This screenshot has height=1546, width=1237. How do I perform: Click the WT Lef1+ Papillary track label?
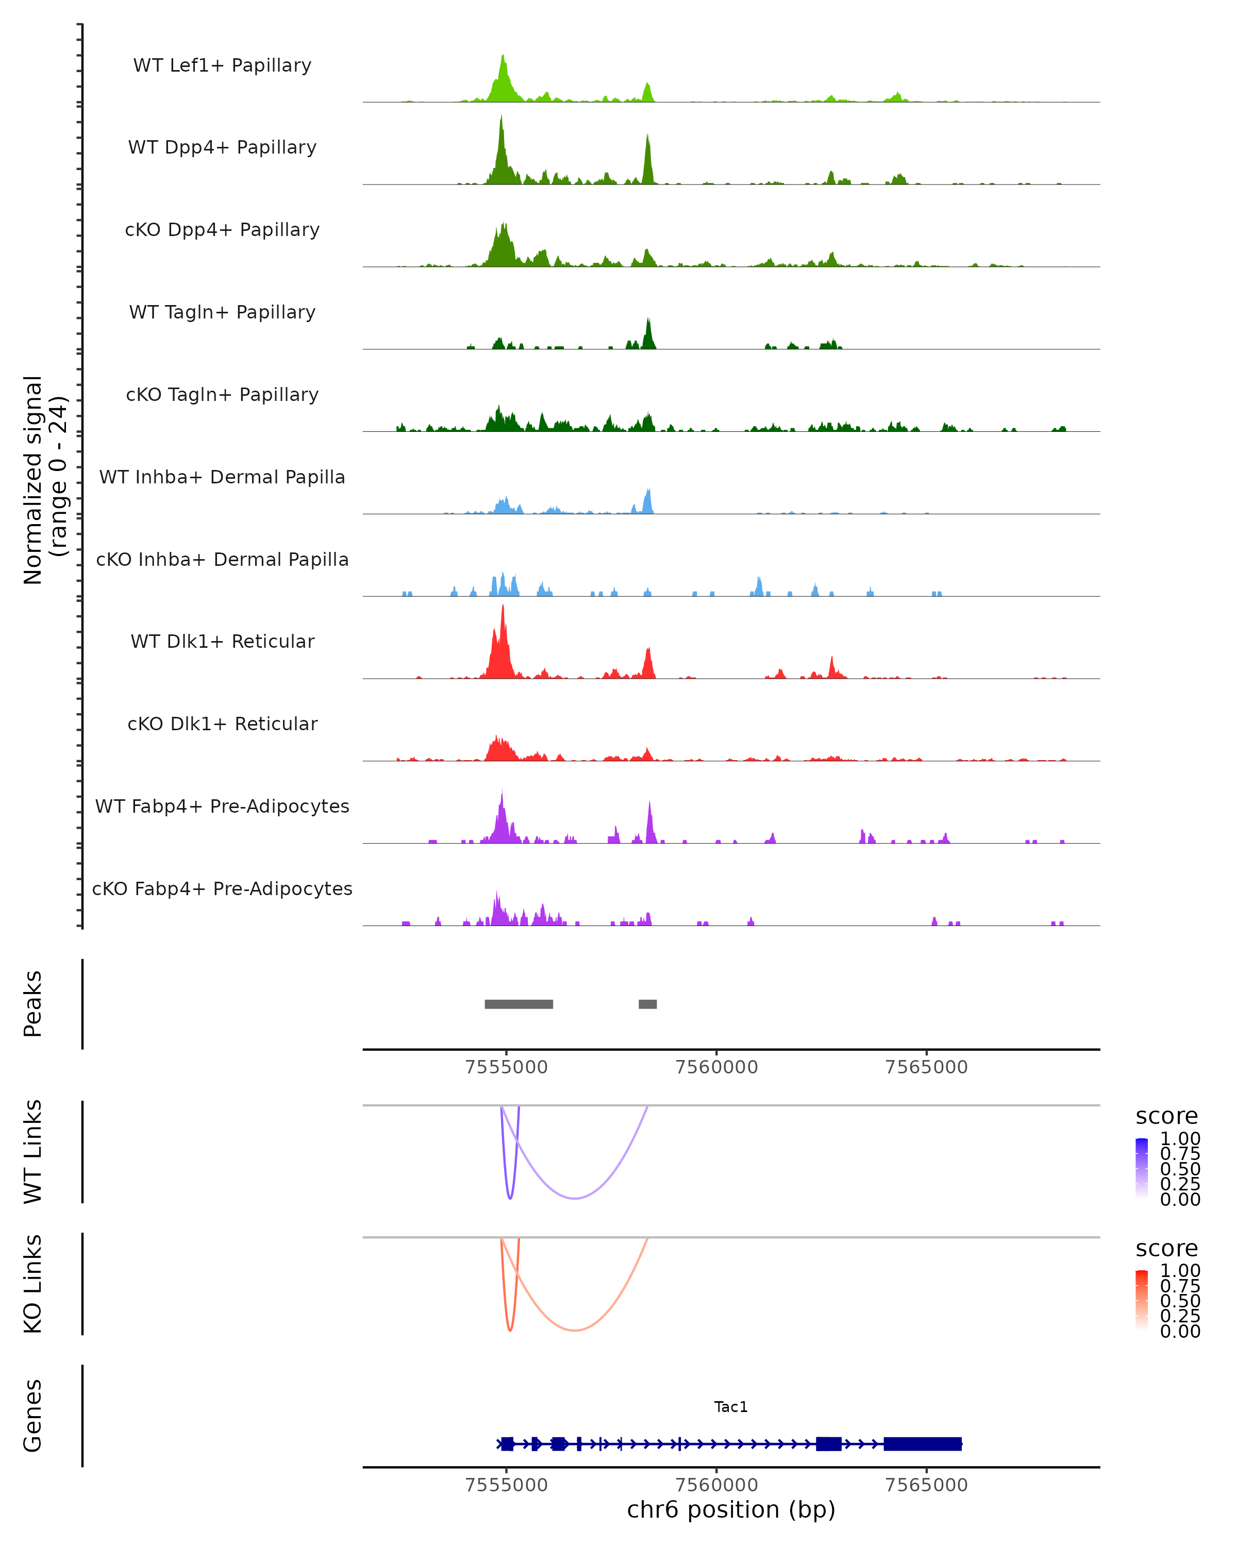[x=222, y=65]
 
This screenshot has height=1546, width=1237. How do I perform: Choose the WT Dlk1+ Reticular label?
[x=222, y=641]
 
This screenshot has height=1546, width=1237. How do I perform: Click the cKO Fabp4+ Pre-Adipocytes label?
[x=222, y=888]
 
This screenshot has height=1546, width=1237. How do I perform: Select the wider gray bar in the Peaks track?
[x=519, y=1004]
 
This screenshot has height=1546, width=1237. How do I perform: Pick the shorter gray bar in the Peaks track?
[x=647, y=1004]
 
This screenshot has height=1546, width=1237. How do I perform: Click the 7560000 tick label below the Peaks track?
[x=716, y=1067]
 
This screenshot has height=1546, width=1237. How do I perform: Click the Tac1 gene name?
[x=731, y=1407]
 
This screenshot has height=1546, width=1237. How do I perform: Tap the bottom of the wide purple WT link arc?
[x=574, y=1198]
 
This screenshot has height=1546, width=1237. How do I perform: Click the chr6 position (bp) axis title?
[x=731, y=1510]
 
